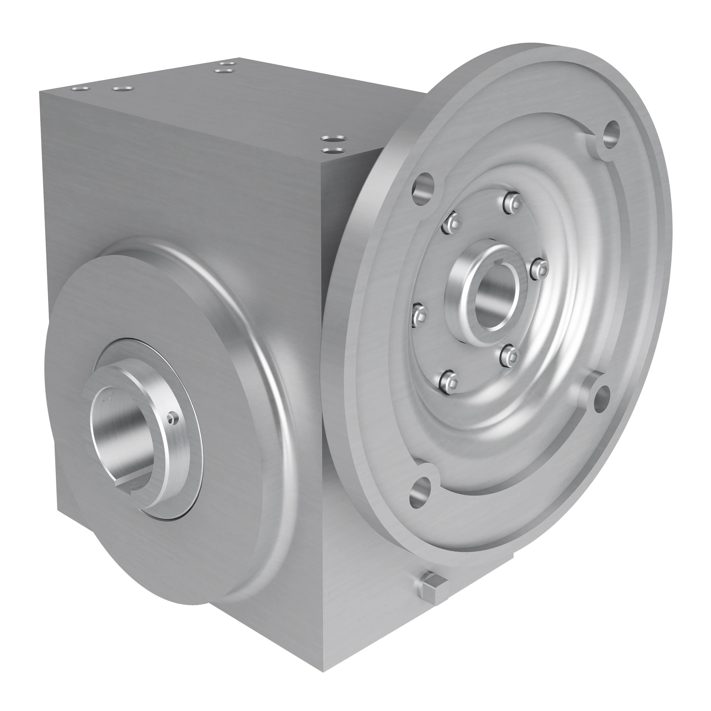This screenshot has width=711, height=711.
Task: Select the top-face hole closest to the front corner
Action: point(333,150)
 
